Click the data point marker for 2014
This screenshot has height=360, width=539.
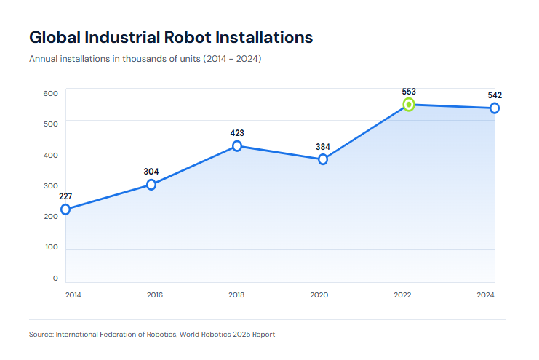[x=65, y=209]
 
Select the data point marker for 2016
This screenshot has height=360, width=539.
[x=151, y=185]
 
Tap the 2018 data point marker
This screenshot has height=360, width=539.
[x=237, y=146]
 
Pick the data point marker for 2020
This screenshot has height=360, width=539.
[x=323, y=159]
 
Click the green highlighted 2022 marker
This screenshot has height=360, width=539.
[x=409, y=105]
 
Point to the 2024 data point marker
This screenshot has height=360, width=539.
[x=495, y=108]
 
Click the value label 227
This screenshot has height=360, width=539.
[x=65, y=196]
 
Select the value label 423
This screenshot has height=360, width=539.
[x=237, y=133]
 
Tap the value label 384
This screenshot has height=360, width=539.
[x=323, y=146]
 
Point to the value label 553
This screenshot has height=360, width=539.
[x=409, y=92]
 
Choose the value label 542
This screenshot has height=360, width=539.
[x=495, y=95]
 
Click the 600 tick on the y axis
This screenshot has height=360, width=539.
[x=50, y=93]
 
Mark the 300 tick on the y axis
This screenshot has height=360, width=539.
[x=50, y=185]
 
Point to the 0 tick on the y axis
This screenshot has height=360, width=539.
[x=55, y=279]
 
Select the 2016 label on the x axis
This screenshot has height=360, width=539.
[x=154, y=295]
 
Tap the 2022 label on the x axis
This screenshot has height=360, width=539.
[x=402, y=295]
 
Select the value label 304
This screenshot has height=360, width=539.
[x=151, y=172]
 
